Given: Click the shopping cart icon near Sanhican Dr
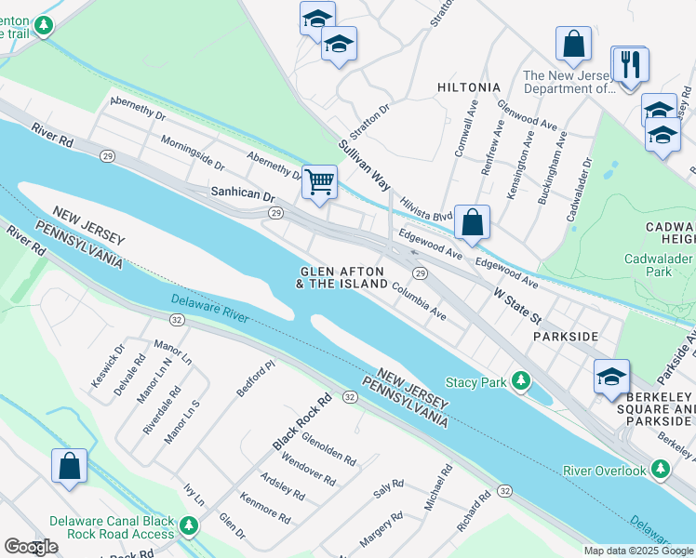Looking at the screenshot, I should (x=319, y=180).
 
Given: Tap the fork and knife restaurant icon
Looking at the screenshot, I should (x=633, y=64).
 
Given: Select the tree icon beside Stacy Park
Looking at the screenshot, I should (x=522, y=381).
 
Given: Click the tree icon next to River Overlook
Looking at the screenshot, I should (x=661, y=470).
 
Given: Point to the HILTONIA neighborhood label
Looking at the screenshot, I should (x=468, y=86).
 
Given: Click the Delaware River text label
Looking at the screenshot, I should (x=209, y=308).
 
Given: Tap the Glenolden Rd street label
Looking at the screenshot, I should (x=328, y=449).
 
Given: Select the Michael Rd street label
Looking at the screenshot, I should (x=437, y=488).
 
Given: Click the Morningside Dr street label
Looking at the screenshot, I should (x=193, y=153).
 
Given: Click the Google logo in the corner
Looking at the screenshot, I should (x=31, y=547).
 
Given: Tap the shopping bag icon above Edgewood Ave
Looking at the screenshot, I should (x=473, y=222).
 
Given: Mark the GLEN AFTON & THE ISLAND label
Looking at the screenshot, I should (x=342, y=276).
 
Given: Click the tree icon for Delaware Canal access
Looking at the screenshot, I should (x=190, y=527).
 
